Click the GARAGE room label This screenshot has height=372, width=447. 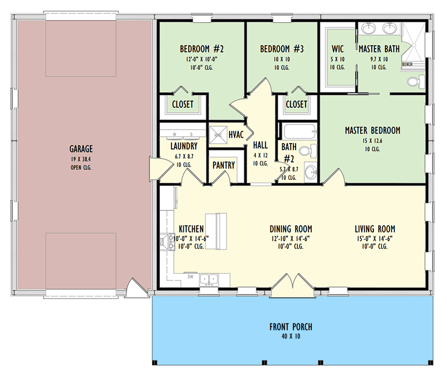[81, 149]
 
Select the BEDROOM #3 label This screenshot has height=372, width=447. [282, 49]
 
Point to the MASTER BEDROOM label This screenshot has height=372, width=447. [372, 131]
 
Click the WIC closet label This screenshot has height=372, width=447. [337, 49]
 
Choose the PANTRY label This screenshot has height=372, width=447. [223, 166]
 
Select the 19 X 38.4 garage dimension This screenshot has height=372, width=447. [81, 159]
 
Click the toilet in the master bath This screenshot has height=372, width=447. [414, 83]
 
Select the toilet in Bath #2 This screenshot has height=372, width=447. [305, 151]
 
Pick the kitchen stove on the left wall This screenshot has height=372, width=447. [165, 242]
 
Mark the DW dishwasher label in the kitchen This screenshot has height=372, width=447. [190, 275]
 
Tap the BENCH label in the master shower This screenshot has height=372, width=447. [407, 65]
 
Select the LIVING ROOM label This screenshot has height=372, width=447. [375, 229]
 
